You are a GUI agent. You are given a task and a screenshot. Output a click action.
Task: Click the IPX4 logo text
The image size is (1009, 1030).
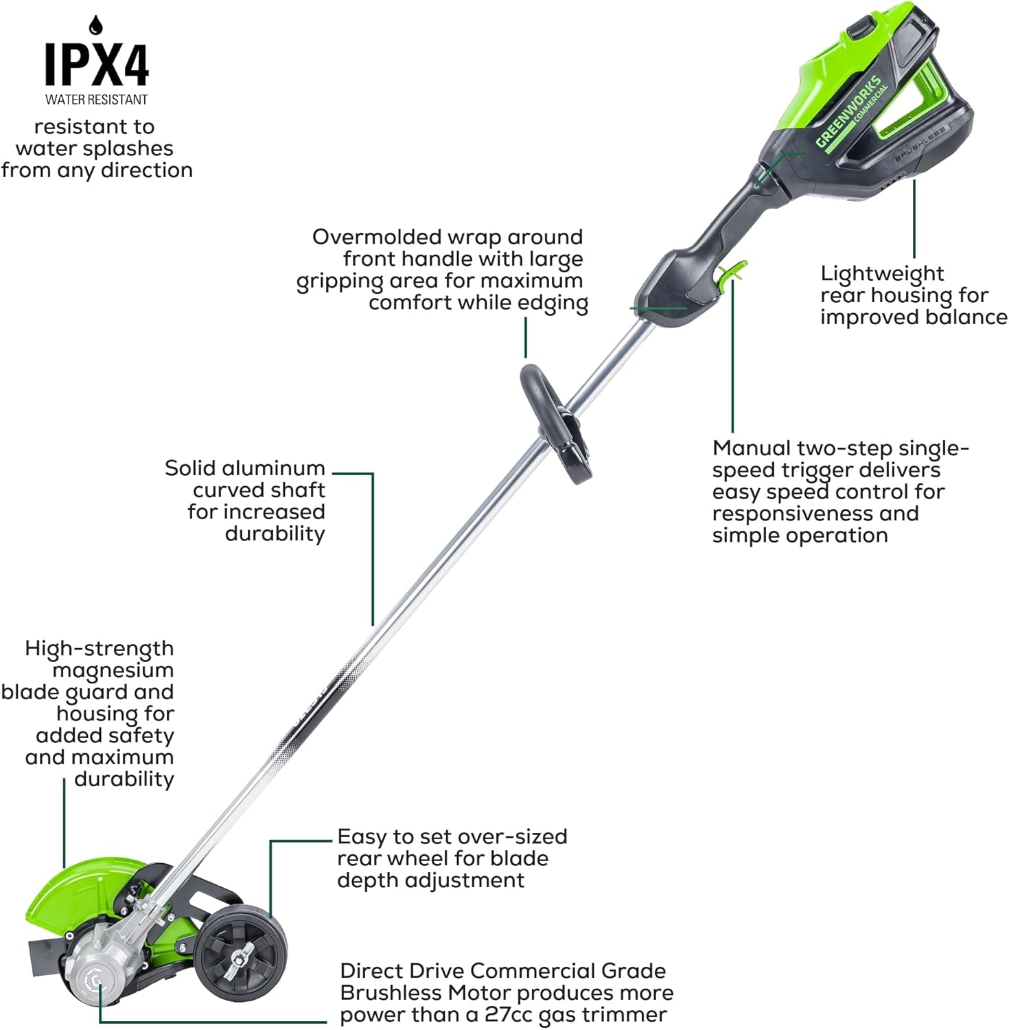pyautogui.click(x=97, y=65)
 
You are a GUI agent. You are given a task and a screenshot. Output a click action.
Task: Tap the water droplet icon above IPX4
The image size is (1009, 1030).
pyautogui.click(x=95, y=25)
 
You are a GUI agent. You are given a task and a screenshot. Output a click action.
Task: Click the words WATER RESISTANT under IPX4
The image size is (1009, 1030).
pyautogui.click(x=97, y=100)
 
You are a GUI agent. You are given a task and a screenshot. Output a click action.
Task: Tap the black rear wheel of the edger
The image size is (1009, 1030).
pyautogui.click(x=240, y=954)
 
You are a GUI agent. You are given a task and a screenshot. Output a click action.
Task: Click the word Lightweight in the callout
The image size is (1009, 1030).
pyautogui.click(x=882, y=274)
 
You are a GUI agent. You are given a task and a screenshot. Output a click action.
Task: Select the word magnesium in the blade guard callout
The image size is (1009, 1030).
pyautogui.click(x=113, y=671)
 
